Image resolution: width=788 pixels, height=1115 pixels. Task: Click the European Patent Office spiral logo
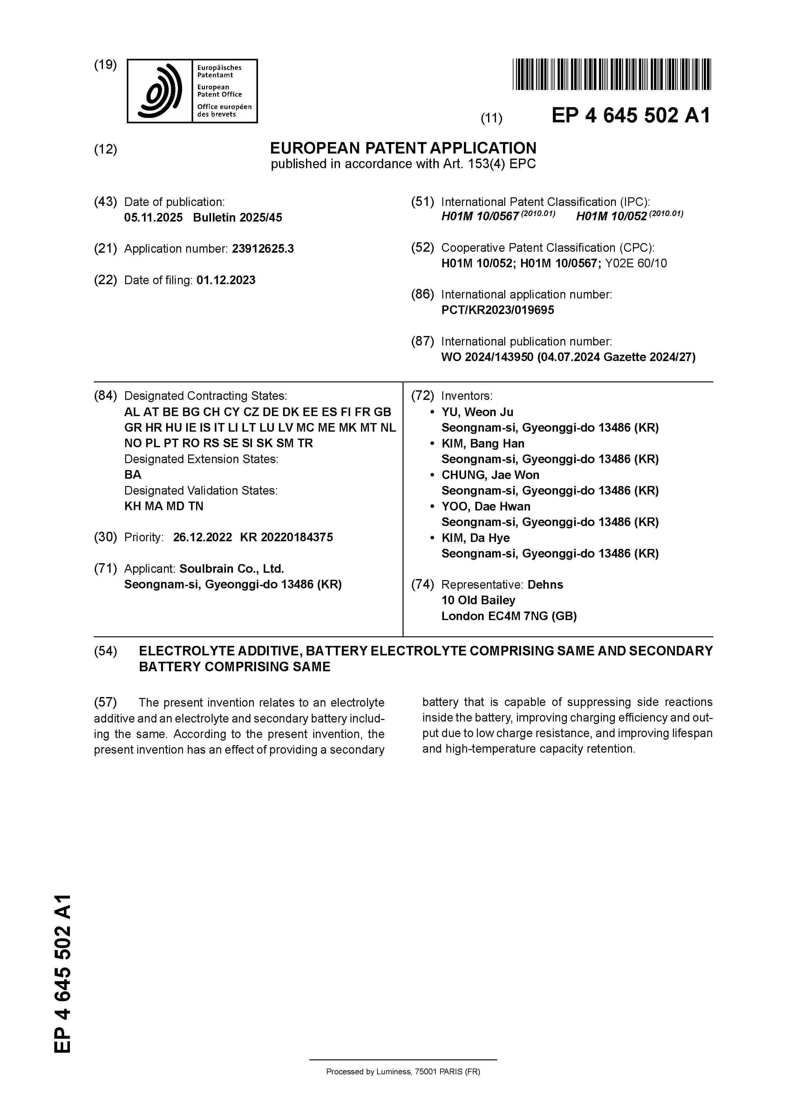(159, 91)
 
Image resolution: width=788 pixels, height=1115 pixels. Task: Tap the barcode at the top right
(611, 74)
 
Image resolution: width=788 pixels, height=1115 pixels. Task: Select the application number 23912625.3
(263, 249)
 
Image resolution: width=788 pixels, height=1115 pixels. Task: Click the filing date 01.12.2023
(226, 280)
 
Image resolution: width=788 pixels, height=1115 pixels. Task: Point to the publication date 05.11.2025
(153, 217)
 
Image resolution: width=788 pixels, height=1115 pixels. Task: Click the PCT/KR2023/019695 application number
(497, 310)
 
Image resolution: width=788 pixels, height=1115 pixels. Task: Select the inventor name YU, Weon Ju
(477, 412)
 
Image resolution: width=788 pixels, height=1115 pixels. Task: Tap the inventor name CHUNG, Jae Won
(490, 475)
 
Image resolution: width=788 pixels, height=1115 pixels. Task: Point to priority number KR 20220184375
(287, 537)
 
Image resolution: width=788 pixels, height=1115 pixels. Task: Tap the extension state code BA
(132, 475)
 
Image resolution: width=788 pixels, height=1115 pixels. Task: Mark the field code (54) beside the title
(105, 651)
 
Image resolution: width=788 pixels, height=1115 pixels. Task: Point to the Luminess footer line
(403, 1071)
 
